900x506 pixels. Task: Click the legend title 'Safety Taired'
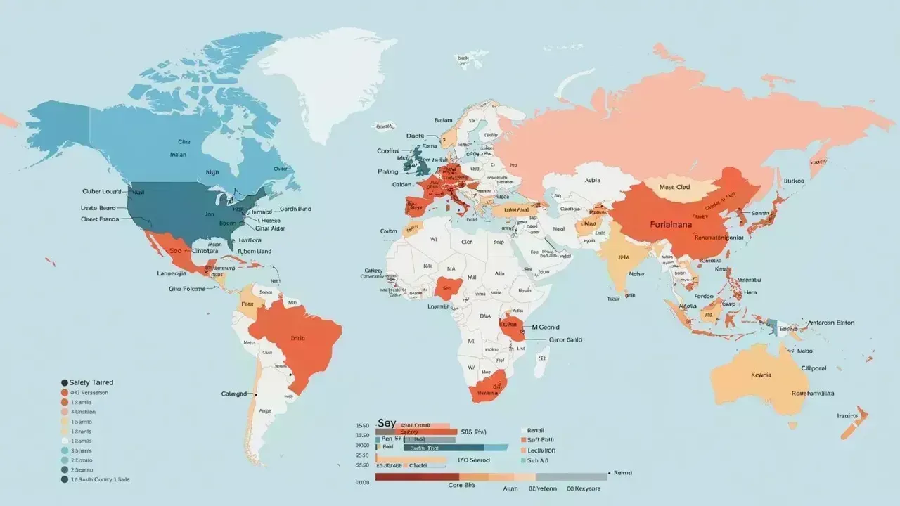91,382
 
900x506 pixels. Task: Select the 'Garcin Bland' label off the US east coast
295,209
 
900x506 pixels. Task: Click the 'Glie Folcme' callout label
187,289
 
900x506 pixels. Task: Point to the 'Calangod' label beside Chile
234,394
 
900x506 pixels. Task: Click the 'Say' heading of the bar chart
387,423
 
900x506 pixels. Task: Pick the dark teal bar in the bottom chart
443,448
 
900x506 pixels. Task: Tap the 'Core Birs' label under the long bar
462,485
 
